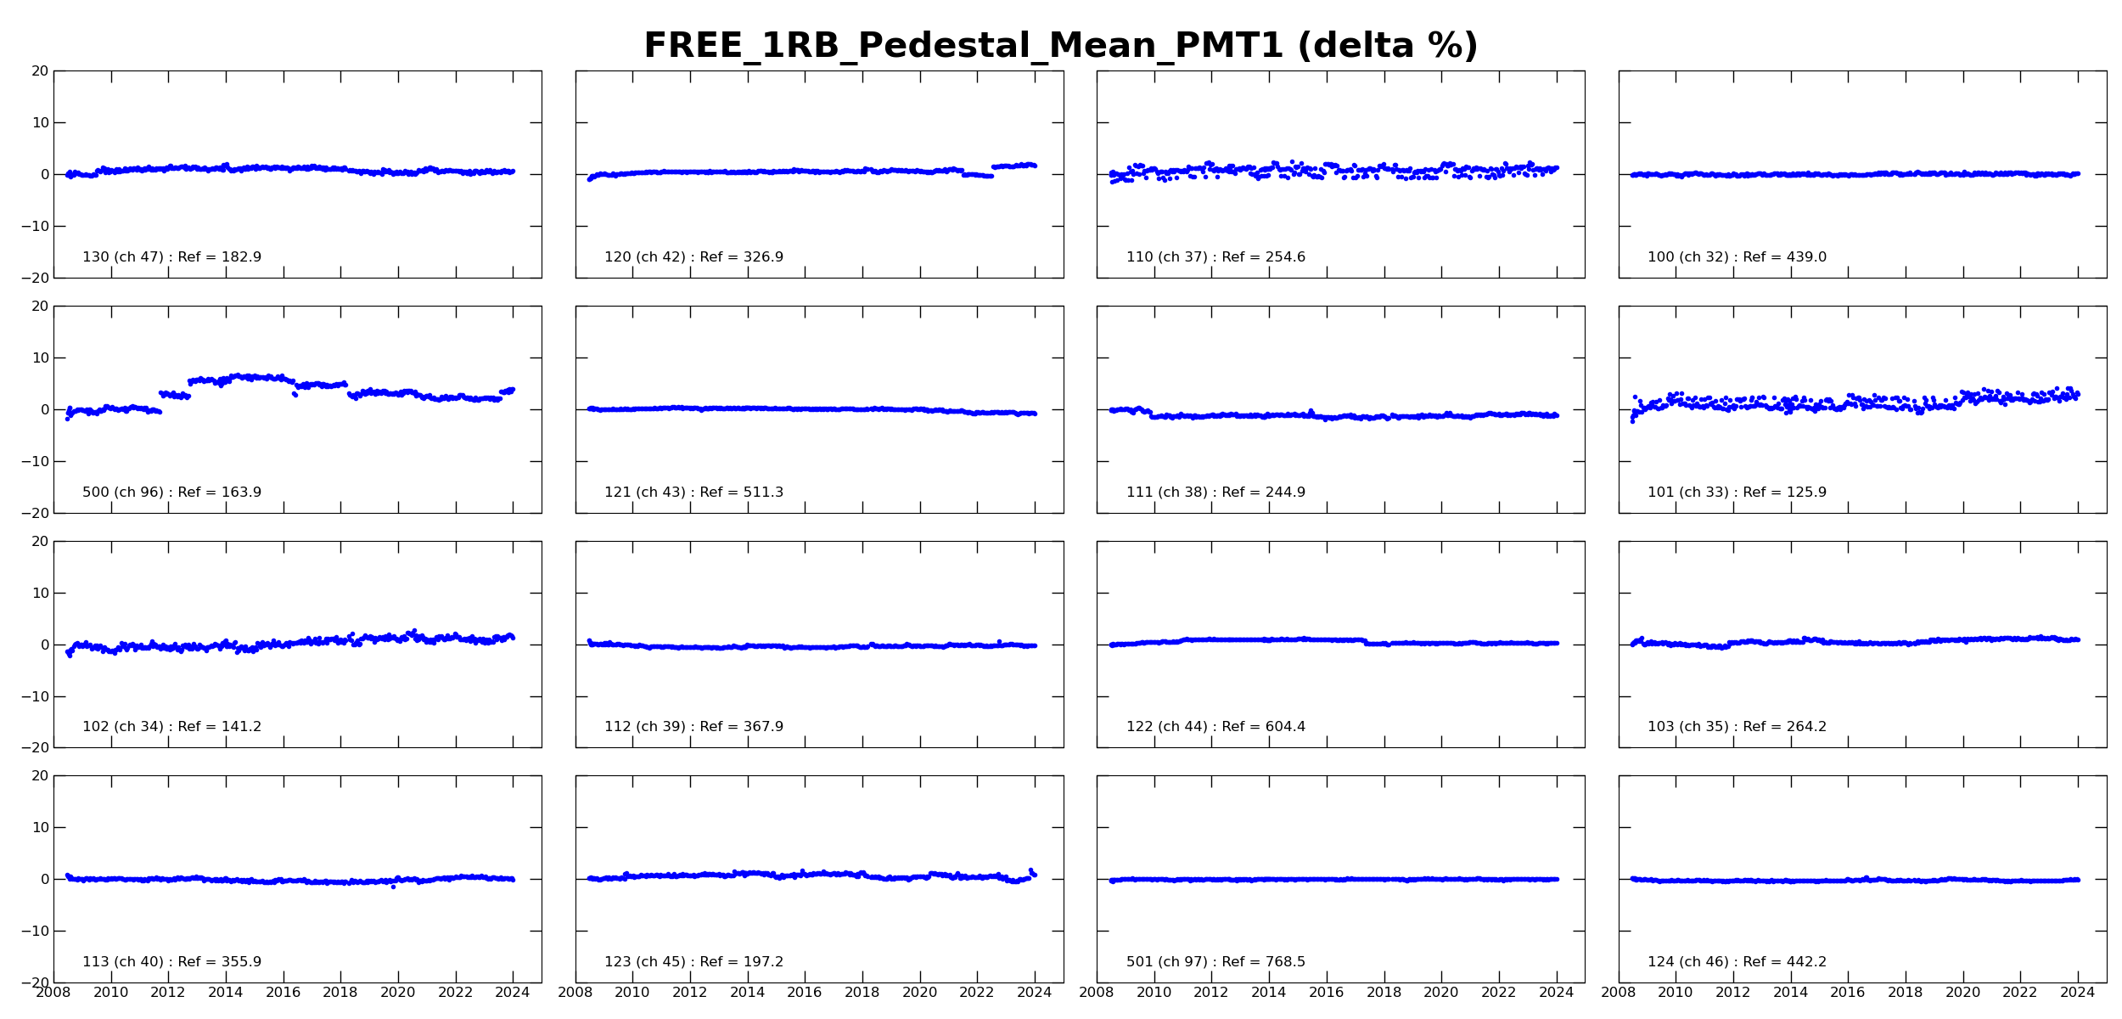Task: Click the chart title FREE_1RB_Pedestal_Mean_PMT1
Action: coord(963,46)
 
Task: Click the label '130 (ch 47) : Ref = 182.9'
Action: coord(171,257)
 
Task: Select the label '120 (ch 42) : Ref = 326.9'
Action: coord(693,257)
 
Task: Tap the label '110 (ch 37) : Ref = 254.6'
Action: coord(1215,257)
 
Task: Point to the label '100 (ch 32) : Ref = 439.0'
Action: coord(1737,257)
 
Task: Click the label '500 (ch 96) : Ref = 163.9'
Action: coord(171,493)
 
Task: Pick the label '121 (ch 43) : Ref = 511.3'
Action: coord(693,493)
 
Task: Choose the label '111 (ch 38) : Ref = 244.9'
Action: coord(1215,493)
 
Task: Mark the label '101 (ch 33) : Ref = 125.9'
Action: coord(1737,493)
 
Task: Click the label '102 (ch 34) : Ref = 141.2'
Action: coord(171,727)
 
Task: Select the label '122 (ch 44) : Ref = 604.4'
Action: coord(1215,727)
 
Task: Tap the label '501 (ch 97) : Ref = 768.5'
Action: coord(1215,962)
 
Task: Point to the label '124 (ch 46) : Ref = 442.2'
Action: coord(1737,962)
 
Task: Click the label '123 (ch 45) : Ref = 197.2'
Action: coord(693,962)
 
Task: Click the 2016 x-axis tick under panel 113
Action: coord(283,993)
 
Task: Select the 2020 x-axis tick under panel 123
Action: coord(919,993)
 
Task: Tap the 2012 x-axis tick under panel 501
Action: coord(1211,993)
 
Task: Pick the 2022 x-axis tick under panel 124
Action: coord(2020,993)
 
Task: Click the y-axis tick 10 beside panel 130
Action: coord(41,123)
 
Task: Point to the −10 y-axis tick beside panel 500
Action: coord(36,462)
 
